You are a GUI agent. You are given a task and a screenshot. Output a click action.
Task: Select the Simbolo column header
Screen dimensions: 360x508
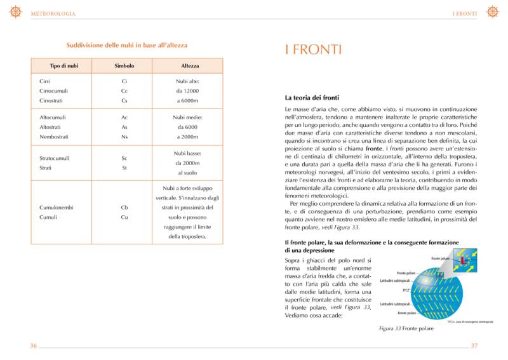[x=124, y=66]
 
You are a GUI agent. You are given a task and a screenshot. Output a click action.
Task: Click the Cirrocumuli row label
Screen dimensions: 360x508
[x=53, y=91]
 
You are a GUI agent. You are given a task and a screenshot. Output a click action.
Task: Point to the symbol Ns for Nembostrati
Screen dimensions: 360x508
[x=124, y=137]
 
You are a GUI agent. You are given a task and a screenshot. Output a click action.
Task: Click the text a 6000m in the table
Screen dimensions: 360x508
[x=188, y=101]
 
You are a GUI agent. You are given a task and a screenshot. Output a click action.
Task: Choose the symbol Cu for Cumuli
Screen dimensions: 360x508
[x=124, y=218]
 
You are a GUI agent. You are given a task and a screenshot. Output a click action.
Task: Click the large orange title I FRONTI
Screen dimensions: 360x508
[x=314, y=49]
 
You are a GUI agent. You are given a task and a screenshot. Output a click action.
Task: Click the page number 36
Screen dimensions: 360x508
[x=34, y=346]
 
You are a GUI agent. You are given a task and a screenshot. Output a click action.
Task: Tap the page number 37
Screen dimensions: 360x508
[x=474, y=346]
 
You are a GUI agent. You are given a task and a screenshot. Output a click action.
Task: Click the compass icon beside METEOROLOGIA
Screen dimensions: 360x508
[x=16, y=12]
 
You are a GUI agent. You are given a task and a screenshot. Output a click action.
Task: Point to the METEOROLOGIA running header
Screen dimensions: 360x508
[x=53, y=13]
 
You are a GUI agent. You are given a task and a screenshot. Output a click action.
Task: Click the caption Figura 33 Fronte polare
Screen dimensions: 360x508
[x=406, y=329]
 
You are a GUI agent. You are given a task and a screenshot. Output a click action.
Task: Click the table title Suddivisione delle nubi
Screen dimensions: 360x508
[x=127, y=45]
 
